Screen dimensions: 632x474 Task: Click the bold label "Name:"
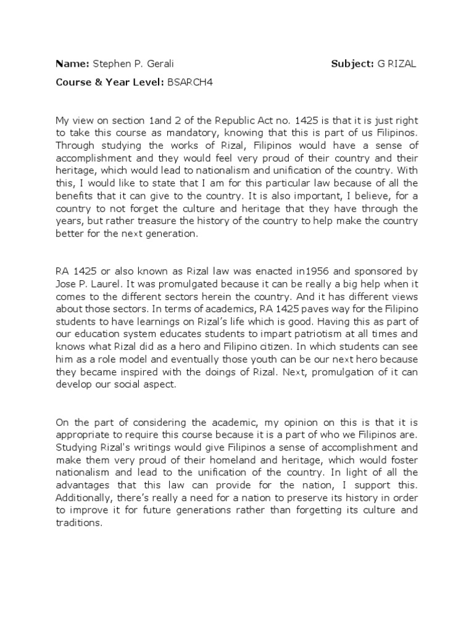pos(72,64)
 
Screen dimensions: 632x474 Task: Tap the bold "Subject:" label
pos(352,64)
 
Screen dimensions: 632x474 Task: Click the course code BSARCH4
pos(189,82)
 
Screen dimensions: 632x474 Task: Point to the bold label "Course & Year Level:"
pos(110,82)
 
